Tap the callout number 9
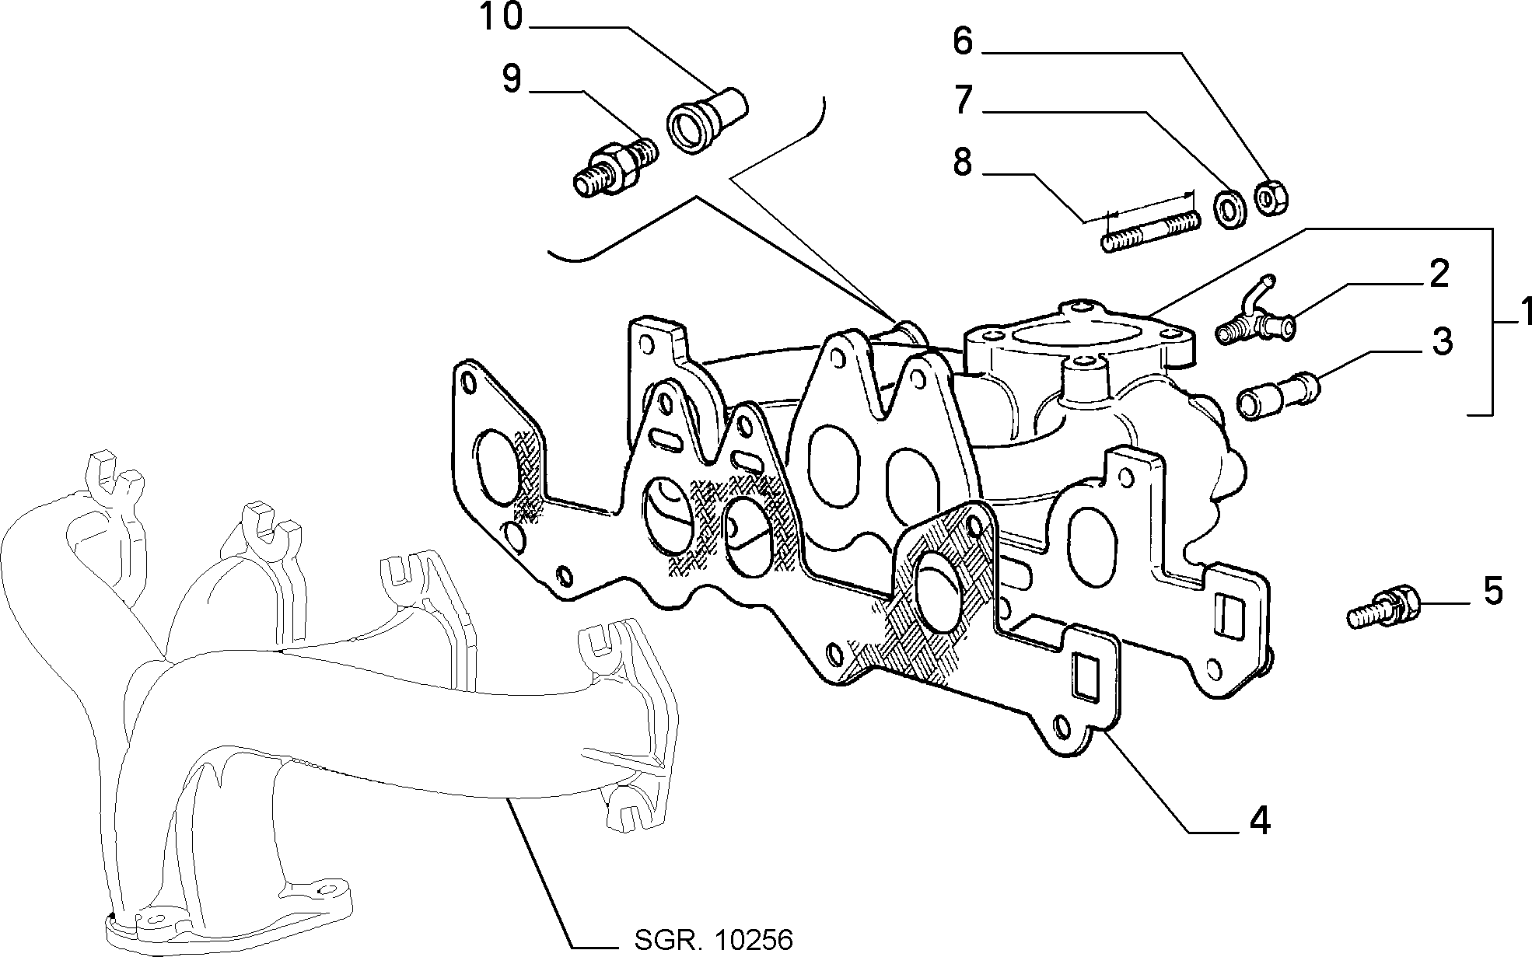coord(511,79)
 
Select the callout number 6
coord(963,41)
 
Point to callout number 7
coord(964,100)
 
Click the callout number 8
coord(963,162)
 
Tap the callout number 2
coord(1439,274)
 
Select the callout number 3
coord(1442,341)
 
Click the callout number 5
coord(1493,591)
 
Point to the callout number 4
coord(1260,820)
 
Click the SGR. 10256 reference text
coord(713,940)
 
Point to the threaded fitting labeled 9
coord(614,169)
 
